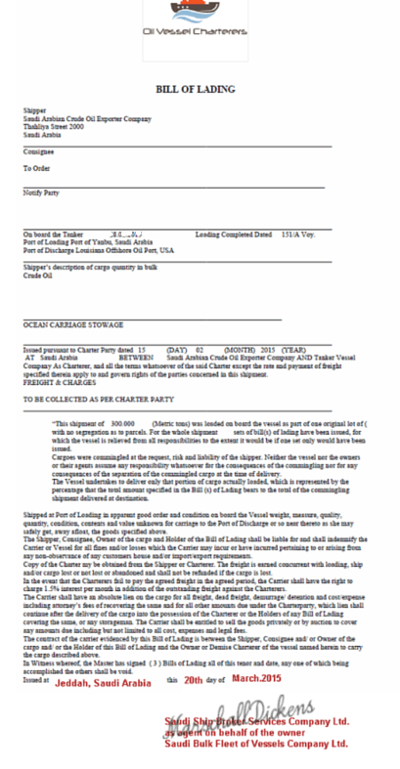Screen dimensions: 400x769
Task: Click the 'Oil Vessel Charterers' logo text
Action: coord(196,32)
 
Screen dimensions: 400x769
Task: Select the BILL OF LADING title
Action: coord(196,89)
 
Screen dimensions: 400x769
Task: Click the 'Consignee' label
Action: coord(39,150)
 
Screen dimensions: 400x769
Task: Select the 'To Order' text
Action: coord(37,168)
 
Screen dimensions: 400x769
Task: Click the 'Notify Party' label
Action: coord(41,192)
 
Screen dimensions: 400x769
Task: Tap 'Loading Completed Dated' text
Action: coord(233,235)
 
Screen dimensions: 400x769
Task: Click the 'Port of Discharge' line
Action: coord(98,250)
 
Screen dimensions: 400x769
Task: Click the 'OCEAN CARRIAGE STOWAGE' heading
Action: coord(73,324)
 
